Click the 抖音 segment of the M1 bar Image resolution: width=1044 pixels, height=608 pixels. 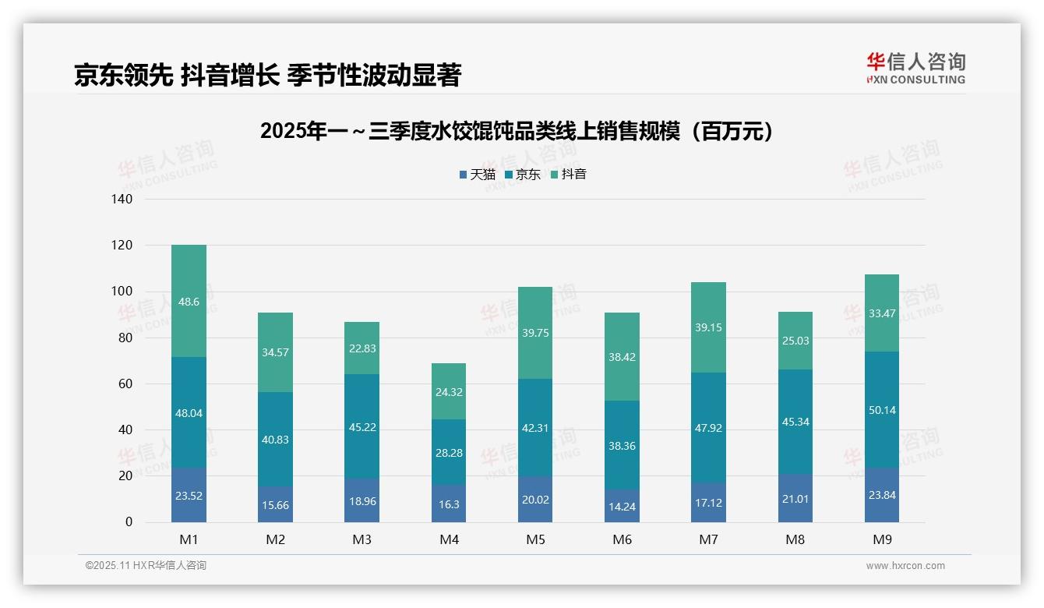189,301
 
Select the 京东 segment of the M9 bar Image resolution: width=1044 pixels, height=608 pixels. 881,410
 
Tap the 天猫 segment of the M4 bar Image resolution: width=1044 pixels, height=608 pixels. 449,504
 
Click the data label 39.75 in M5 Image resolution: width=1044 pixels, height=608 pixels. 535,333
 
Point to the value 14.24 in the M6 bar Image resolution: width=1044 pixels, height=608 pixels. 622,505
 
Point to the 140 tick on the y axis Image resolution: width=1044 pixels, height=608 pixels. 122,200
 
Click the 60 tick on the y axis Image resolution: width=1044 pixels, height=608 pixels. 125,384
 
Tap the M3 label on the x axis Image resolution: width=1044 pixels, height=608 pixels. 362,539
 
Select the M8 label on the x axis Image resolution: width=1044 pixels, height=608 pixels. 795,539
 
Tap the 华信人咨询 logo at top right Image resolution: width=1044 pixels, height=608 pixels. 915,68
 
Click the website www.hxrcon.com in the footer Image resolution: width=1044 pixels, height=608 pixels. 905,566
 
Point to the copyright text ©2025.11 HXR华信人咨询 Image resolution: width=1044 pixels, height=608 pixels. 146,566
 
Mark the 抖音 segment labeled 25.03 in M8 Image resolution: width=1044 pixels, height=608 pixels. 795,341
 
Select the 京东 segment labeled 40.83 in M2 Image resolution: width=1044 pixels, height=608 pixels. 275,440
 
